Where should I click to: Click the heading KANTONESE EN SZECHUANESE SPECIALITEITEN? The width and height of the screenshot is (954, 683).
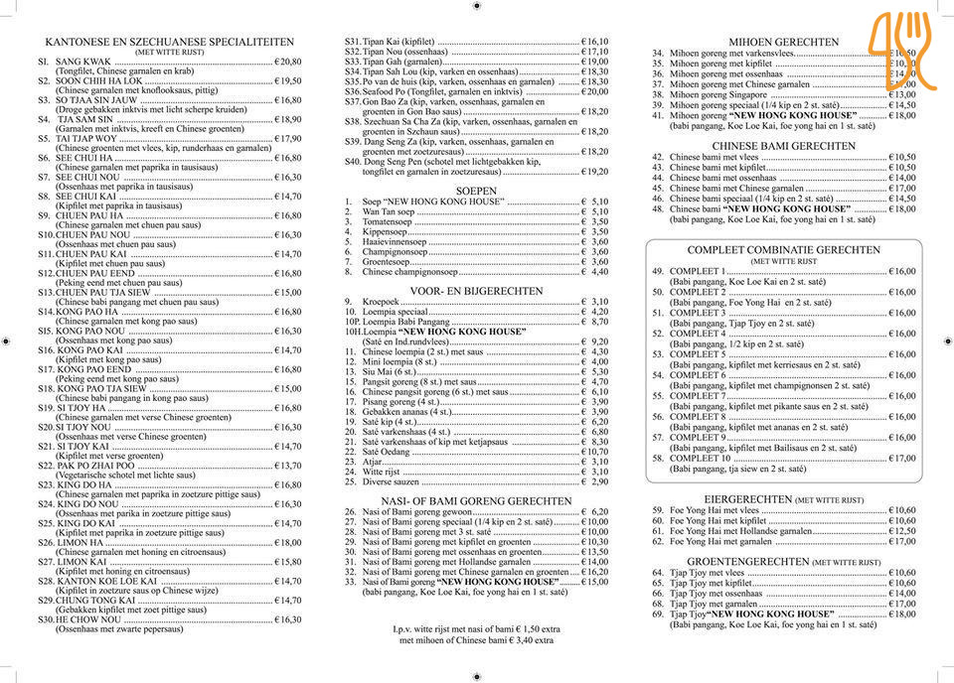coord(170,42)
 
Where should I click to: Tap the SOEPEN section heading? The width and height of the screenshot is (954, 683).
coord(476,190)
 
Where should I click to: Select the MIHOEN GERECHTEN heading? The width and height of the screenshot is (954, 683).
coord(784,42)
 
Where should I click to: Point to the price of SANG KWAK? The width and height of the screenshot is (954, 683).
coord(287,62)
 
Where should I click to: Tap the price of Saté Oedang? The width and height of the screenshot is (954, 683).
coord(592,452)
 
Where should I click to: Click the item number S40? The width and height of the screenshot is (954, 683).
coord(352,161)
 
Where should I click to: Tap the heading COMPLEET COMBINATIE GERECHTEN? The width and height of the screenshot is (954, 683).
coord(784,250)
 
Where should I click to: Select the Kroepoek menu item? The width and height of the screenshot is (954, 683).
coord(381,302)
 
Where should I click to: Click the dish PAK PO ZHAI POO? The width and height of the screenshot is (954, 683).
coord(95,466)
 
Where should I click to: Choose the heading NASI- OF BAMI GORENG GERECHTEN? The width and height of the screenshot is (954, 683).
coord(476,501)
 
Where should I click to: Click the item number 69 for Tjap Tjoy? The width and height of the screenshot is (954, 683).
coord(658,614)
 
